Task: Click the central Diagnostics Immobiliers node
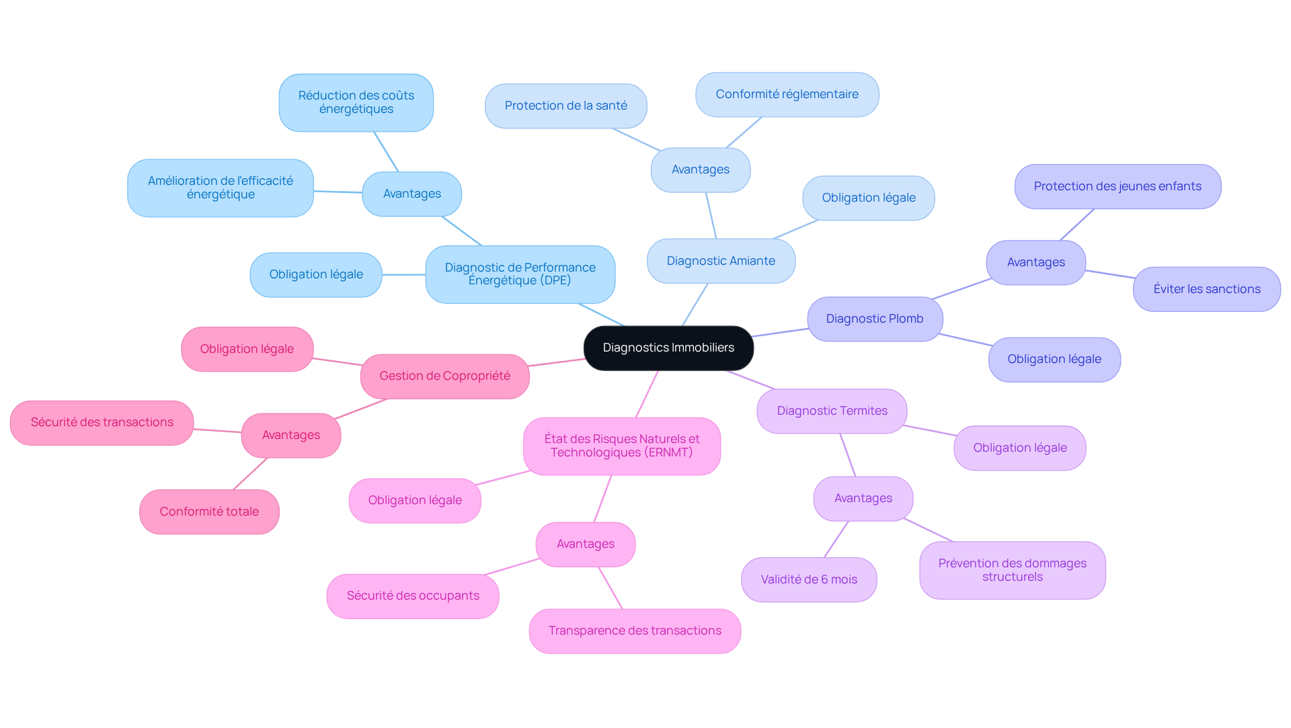668,348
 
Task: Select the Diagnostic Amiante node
721,261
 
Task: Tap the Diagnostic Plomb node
874,319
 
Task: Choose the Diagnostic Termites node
832,411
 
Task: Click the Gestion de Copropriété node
444,376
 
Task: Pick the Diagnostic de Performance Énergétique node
520,274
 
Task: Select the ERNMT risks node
621,446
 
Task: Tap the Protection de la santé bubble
565,106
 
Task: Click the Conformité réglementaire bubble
787,94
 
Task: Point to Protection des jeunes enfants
1117,186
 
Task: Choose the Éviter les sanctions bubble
1206,289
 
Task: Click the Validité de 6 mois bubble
808,579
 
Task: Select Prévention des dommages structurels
1012,570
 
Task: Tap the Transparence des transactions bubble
634,631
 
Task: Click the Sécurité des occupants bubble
412,596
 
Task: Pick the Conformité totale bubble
209,512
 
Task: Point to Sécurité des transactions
102,422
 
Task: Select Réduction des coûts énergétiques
356,102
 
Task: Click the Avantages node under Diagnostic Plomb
1035,262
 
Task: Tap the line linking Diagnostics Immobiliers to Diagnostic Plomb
780,333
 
